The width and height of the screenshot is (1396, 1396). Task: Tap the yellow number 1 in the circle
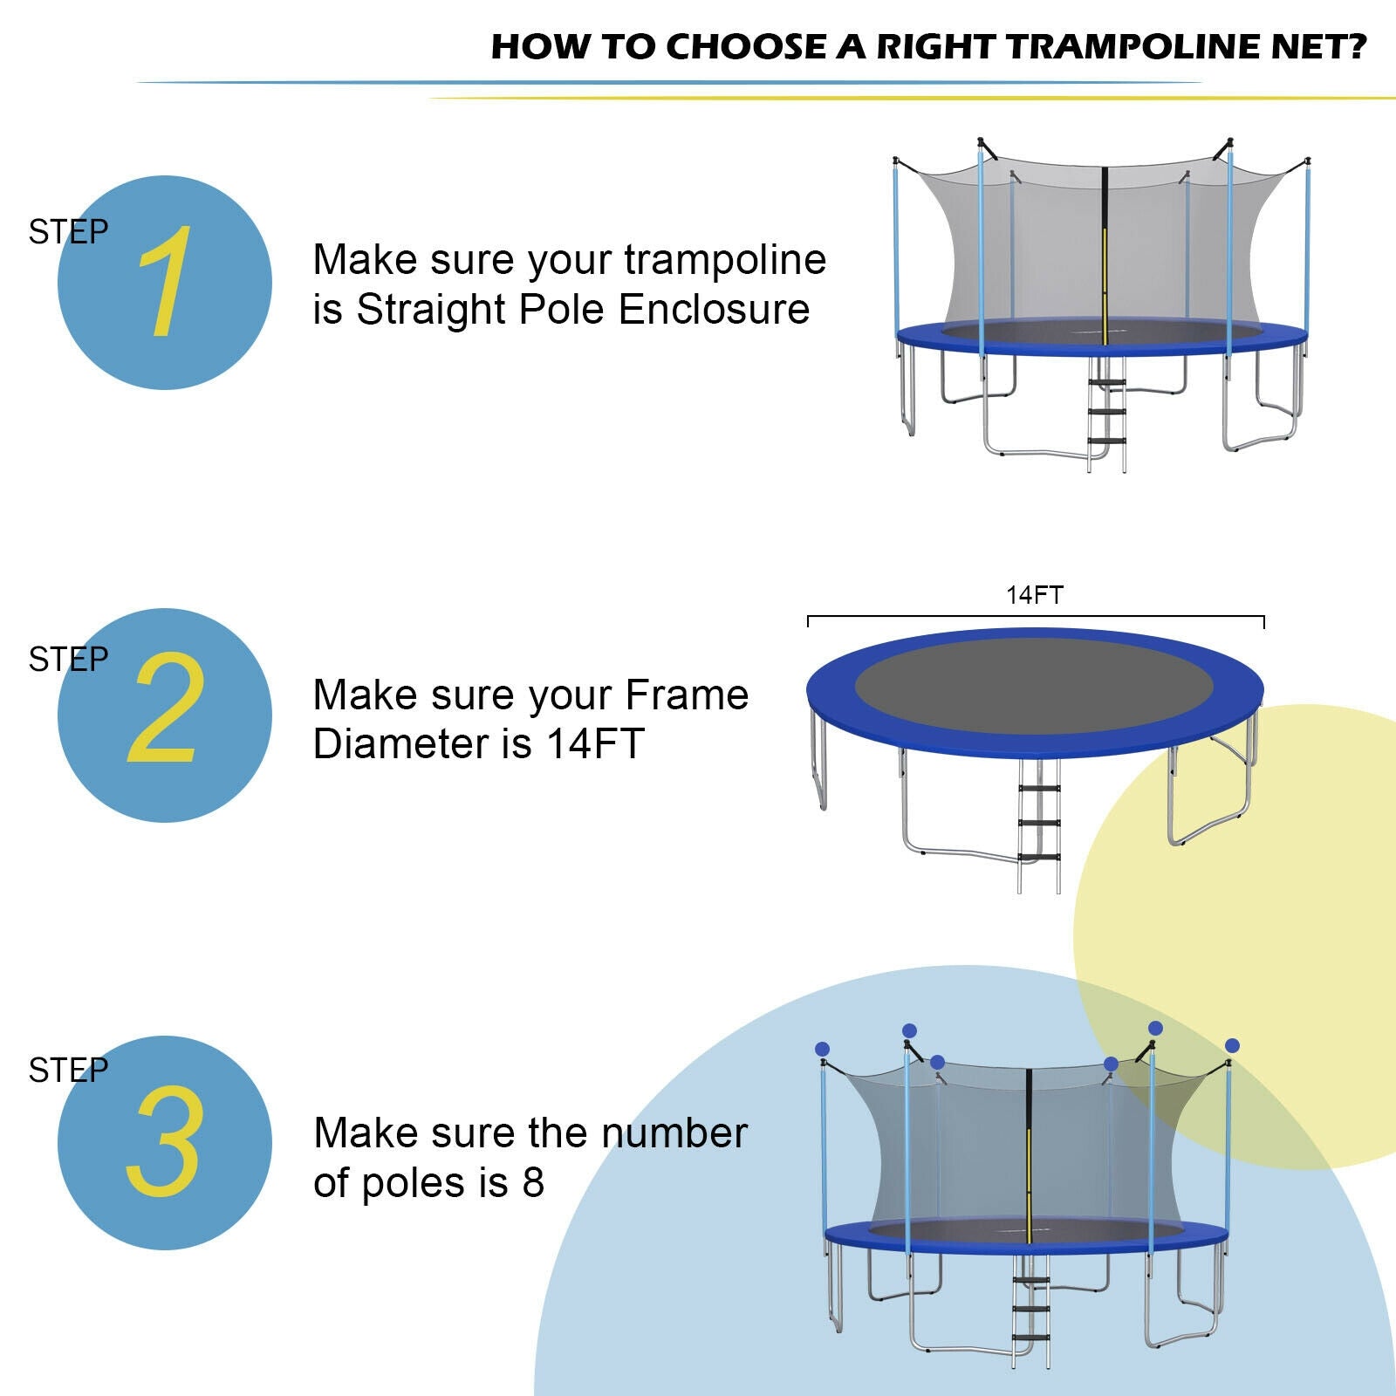coord(164,283)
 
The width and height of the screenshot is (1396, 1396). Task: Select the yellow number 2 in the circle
coord(166,708)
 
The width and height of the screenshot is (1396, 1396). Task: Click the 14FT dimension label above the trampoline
coord(1035,595)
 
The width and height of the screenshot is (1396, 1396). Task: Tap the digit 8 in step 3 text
coord(533,1183)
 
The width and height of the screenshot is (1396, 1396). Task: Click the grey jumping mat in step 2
coord(1034,685)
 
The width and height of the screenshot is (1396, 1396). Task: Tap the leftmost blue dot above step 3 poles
coord(822,1049)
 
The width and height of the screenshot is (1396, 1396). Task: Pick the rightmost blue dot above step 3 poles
coord(1232,1045)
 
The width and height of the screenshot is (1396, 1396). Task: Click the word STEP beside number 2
coord(68,660)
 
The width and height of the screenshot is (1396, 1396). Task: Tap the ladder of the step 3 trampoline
coord(1030,1309)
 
